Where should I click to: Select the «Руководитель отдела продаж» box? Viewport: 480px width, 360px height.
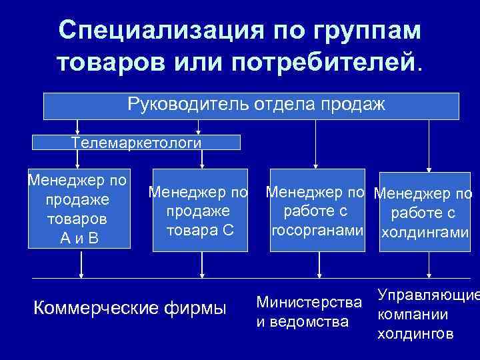[x=251, y=105]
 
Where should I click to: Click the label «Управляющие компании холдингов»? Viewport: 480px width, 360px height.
[x=427, y=314]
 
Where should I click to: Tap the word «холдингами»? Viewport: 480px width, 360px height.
[x=424, y=234]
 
